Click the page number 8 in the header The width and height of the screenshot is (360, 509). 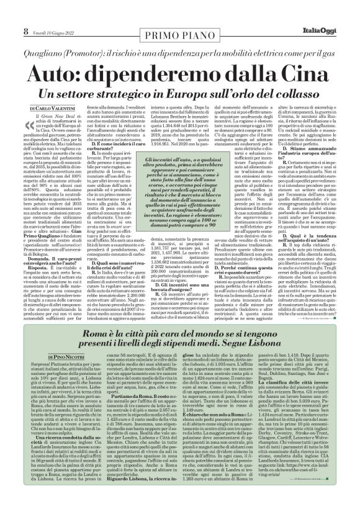9,11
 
